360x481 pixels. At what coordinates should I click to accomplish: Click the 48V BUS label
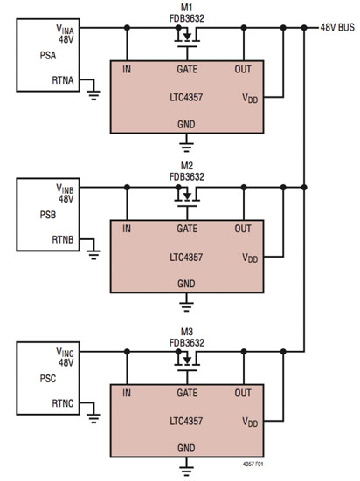coord(337,26)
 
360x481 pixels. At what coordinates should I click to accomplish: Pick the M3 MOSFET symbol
coord(185,360)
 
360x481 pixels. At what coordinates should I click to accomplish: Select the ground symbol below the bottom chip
coord(185,469)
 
